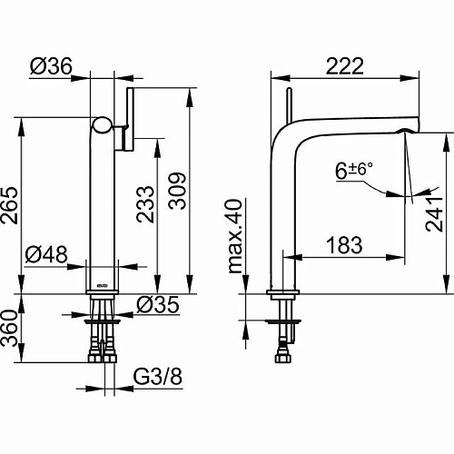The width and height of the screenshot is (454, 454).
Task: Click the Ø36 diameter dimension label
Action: click(x=51, y=65)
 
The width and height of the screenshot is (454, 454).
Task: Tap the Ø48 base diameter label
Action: click(x=46, y=254)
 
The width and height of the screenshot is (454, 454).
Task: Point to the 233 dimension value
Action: click(x=145, y=204)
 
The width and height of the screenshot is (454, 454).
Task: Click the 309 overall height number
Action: click(x=177, y=191)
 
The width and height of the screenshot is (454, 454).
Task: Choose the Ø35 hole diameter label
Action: click(x=158, y=304)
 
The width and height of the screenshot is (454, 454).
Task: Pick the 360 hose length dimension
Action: click(x=9, y=328)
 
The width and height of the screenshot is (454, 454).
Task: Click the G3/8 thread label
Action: click(x=158, y=376)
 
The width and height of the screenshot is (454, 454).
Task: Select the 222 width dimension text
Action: click(x=345, y=65)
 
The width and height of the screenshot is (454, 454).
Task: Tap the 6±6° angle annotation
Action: click(x=354, y=170)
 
